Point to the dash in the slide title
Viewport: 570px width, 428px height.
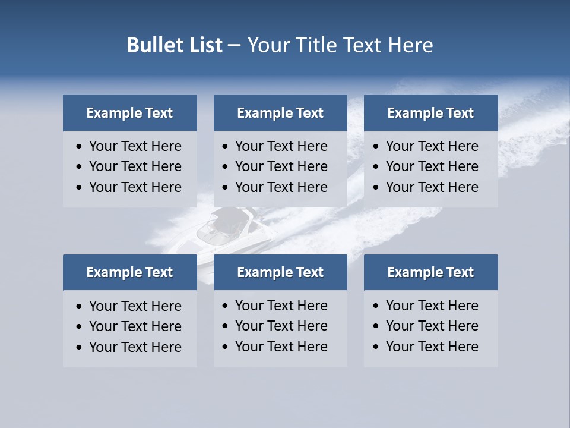tap(234, 45)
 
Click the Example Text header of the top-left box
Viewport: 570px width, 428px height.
tap(129, 113)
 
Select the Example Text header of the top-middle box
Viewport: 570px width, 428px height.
tap(280, 113)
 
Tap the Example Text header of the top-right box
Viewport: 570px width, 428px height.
tap(430, 113)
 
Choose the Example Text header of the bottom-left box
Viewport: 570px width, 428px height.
tap(129, 272)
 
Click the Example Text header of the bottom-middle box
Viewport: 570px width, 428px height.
tap(280, 272)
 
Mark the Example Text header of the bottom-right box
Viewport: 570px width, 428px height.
tap(430, 272)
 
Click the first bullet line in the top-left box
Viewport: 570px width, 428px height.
tap(135, 146)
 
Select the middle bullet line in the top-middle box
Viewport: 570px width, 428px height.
tap(281, 166)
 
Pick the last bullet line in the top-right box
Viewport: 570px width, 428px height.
tap(432, 187)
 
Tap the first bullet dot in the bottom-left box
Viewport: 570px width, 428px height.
tap(80, 306)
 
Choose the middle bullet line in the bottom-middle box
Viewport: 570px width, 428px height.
tap(281, 326)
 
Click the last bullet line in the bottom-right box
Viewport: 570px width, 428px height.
tap(432, 347)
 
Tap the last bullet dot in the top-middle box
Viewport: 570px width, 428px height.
tap(225, 188)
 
